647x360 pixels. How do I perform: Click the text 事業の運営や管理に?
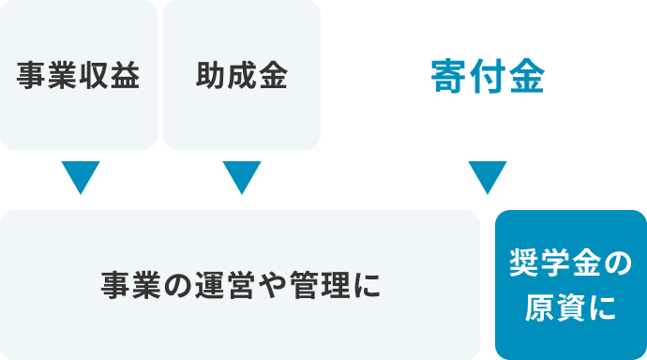241,285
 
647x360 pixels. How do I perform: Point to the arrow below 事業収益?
79,177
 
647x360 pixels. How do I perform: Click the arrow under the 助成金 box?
241,177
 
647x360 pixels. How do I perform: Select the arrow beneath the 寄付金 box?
487,177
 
